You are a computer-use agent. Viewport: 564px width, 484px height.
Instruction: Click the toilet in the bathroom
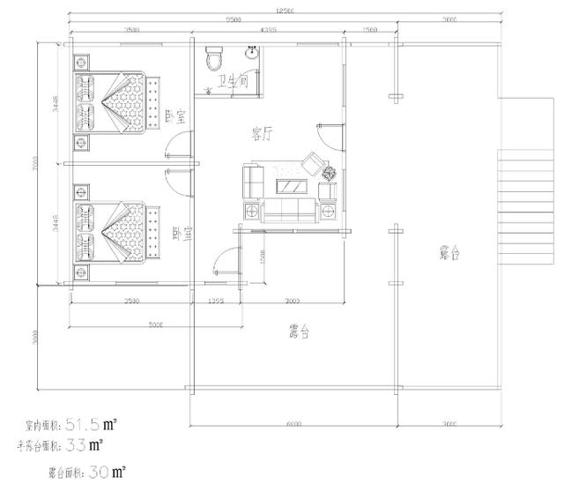pos(212,58)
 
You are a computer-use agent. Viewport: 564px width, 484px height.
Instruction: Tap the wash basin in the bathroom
pos(249,52)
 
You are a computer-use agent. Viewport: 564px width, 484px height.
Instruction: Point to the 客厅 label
pos(262,134)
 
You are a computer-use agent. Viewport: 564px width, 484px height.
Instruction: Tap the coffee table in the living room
pos(291,186)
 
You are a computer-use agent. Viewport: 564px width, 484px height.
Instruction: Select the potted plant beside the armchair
pos(330,173)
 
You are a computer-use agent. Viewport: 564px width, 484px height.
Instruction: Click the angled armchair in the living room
pos(312,164)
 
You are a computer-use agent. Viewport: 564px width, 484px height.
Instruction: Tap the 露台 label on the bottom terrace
pos(301,332)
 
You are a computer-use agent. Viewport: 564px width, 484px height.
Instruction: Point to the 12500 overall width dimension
pos(285,10)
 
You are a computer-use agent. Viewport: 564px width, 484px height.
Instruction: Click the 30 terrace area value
pos(100,473)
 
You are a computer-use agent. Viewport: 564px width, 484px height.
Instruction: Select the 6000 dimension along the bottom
pos(293,424)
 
